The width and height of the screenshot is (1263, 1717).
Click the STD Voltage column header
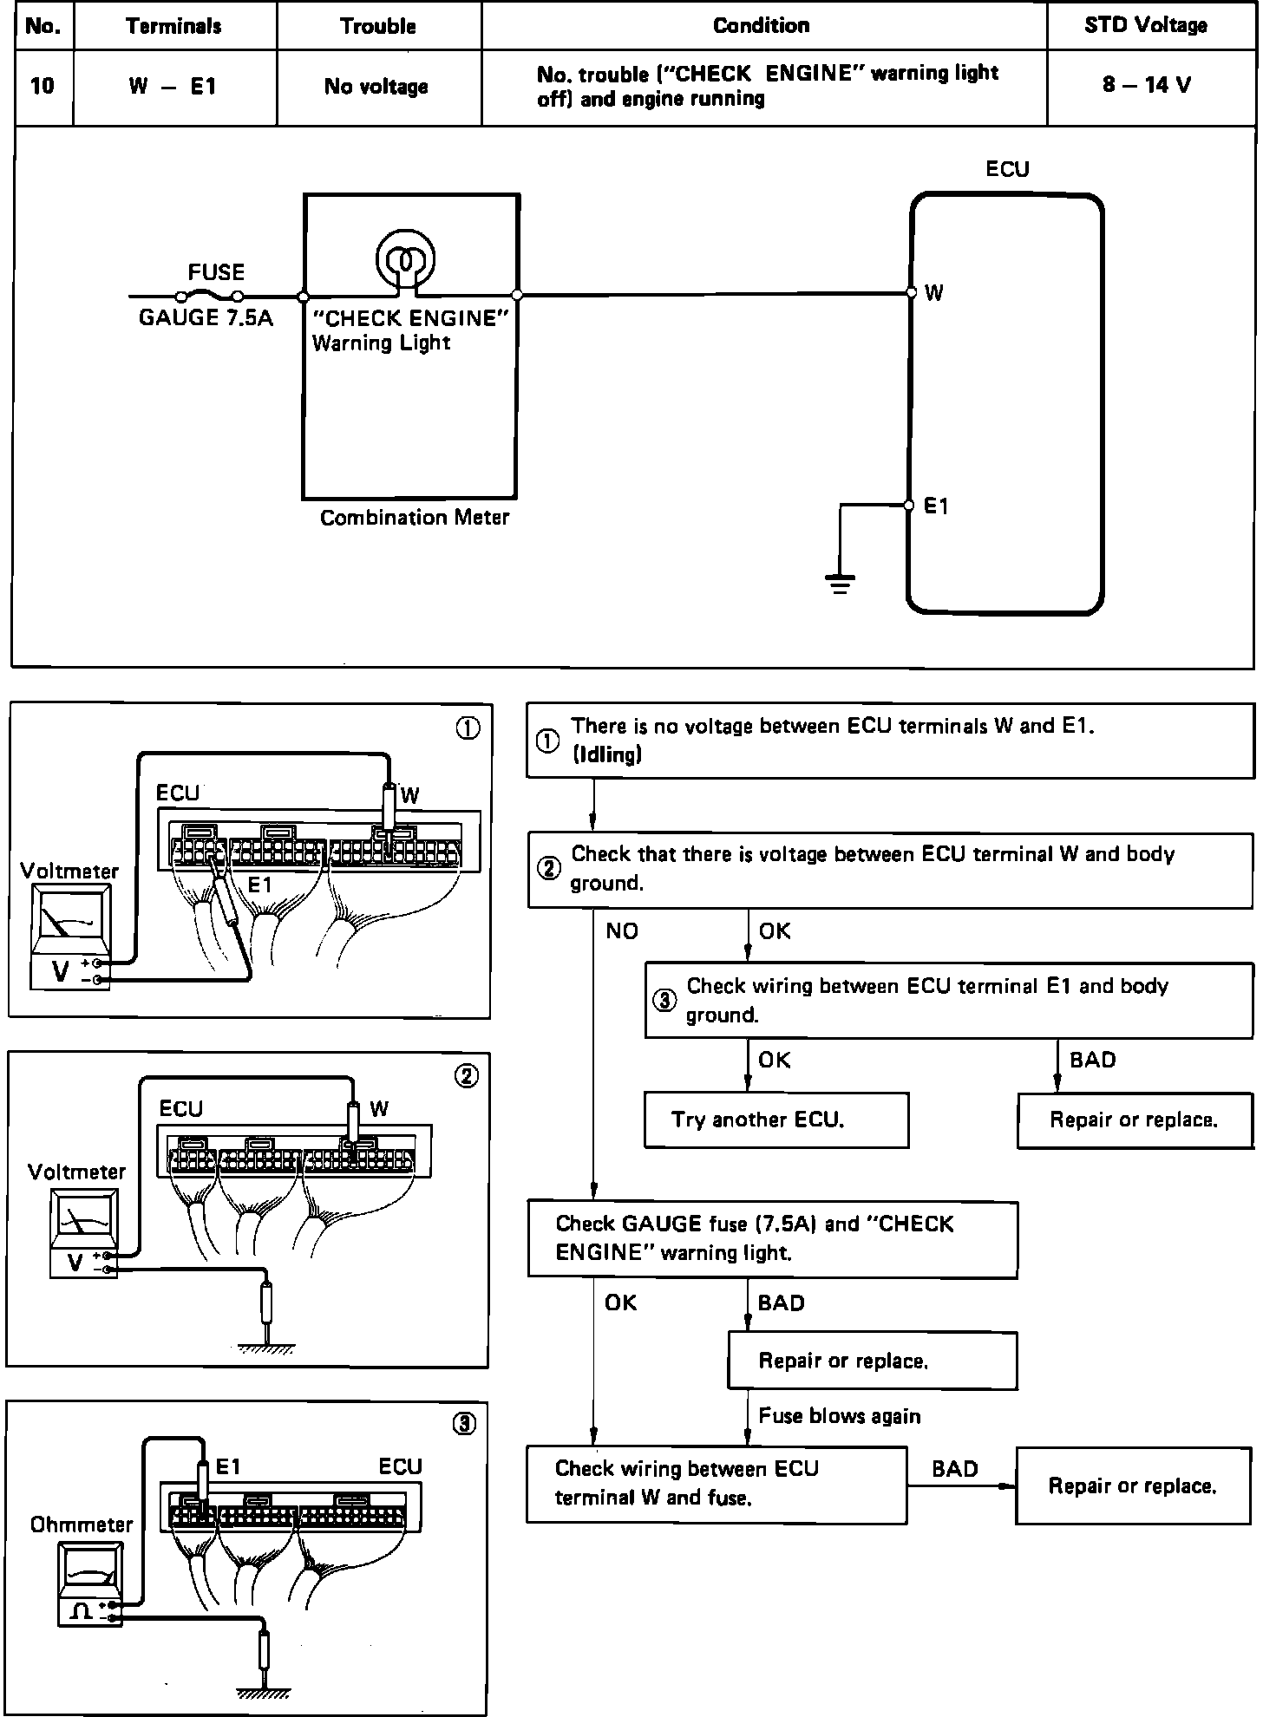1145,25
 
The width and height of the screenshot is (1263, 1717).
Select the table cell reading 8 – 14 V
1147,85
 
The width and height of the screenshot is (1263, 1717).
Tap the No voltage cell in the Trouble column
376,86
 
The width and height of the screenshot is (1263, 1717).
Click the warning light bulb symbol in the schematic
404,258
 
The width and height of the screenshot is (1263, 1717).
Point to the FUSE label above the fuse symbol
216,272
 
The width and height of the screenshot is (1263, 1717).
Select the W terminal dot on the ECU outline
911,293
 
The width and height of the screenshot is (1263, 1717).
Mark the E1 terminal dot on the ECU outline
909,506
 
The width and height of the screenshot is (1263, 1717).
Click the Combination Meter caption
415,518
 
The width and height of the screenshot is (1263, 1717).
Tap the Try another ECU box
776,1120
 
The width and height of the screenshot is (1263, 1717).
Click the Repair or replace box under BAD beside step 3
1135,1120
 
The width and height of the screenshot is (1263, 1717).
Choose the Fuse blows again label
840,1416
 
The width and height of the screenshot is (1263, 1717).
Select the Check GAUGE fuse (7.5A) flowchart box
772,1239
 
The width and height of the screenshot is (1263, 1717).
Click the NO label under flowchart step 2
622,931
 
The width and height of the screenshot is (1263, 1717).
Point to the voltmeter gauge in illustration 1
69,937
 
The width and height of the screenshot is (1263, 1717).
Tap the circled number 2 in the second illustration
467,1076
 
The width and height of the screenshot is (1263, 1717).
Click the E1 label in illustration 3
227,1466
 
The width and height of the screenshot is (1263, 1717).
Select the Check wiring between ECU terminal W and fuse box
717,1485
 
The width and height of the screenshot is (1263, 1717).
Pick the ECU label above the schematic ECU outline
1007,169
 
